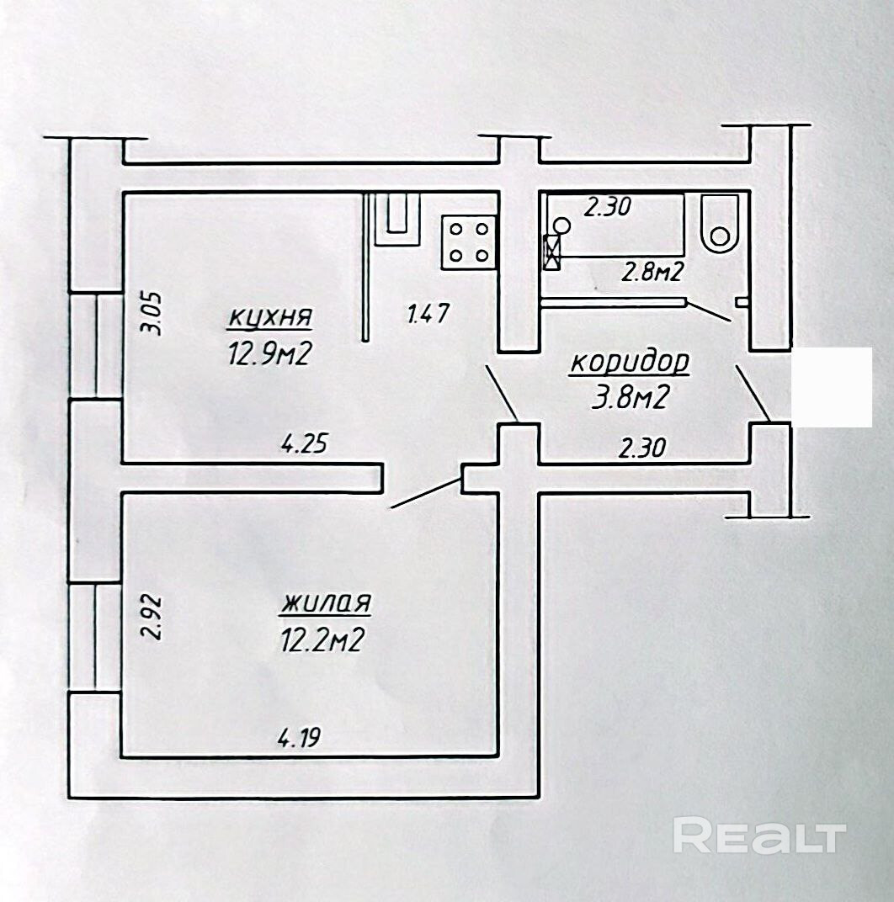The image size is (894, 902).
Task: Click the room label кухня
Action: tap(270, 318)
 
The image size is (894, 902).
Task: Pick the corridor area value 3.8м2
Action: tap(629, 397)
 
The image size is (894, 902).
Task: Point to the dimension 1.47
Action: tap(427, 314)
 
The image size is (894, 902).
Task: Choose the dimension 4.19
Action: tap(299, 737)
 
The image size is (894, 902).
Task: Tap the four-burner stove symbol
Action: tap(469, 242)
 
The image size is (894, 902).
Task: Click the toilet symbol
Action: tap(719, 225)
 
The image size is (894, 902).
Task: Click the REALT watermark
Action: tap(760, 837)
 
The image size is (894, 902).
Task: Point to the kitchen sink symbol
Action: tap(397, 220)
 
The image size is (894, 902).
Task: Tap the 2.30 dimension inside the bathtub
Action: tap(608, 206)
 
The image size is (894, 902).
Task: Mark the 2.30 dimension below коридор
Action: tap(641, 447)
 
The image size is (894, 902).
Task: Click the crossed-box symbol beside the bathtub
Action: tap(552, 252)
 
